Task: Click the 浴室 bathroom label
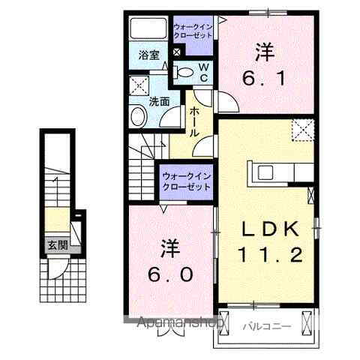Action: coord(148,55)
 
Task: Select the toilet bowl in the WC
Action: coord(184,72)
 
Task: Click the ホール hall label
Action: coord(193,120)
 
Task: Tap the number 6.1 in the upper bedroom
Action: coord(262,77)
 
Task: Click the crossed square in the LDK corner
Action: coord(301,130)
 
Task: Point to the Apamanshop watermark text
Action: coord(178,324)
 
